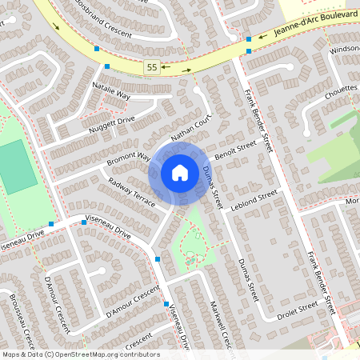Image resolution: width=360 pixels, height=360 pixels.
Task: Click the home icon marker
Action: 180,172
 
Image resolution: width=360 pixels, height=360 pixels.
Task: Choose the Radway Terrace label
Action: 131,193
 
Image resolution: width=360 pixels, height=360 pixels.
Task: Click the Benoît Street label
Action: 235,149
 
